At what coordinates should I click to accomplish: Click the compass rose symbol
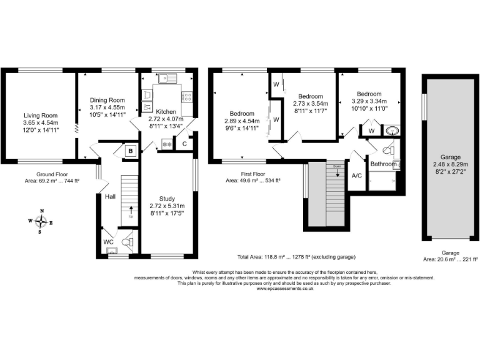coord(41,221)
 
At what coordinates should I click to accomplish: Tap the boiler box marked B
coord(131,151)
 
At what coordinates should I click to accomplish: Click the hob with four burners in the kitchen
coord(186,96)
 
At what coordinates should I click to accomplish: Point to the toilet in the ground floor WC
coord(127,241)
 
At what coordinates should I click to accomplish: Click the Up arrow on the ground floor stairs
coord(131,210)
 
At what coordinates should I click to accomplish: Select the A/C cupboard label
coord(357,176)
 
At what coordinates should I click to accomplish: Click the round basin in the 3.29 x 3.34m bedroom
coord(392,131)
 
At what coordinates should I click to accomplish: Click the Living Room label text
coord(41,115)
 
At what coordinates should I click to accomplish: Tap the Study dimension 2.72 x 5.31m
coord(167,206)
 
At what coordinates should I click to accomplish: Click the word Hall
coord(110,196)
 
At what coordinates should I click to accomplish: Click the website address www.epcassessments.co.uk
coord(284,289)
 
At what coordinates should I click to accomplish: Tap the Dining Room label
coord(107,100)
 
